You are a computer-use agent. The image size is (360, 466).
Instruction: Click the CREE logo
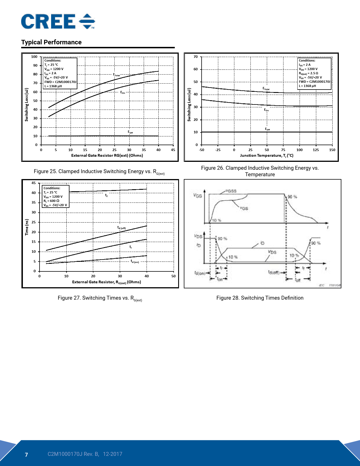58,21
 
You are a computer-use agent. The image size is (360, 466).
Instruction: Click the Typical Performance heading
51,42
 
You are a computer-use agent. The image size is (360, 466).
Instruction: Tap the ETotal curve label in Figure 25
117,75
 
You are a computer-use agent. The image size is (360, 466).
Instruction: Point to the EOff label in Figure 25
130,132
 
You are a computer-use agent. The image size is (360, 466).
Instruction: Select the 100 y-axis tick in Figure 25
34,57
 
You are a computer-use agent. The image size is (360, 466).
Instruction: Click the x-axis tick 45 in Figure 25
173,150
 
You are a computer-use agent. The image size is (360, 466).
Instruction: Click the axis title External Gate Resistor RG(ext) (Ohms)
107,155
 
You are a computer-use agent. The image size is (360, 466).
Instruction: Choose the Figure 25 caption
99,172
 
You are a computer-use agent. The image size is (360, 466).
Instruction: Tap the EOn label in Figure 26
266,110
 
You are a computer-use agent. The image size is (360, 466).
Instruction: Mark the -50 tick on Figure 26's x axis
201,150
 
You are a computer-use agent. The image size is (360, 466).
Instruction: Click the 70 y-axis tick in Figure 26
196,57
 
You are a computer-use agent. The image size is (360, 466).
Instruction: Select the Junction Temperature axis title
267,155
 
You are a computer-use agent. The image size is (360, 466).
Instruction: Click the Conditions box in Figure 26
314,73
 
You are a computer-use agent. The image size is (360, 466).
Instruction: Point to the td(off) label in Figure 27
121,228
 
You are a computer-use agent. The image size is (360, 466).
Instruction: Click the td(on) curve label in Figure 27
135,262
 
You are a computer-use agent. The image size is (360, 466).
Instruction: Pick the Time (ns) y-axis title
27,227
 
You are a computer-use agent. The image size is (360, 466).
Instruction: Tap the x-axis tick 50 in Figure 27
173,276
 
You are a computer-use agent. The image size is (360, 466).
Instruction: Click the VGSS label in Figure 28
231,191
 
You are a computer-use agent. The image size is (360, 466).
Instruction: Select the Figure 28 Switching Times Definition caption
260,298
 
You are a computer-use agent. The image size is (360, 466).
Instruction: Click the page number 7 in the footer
27,454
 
